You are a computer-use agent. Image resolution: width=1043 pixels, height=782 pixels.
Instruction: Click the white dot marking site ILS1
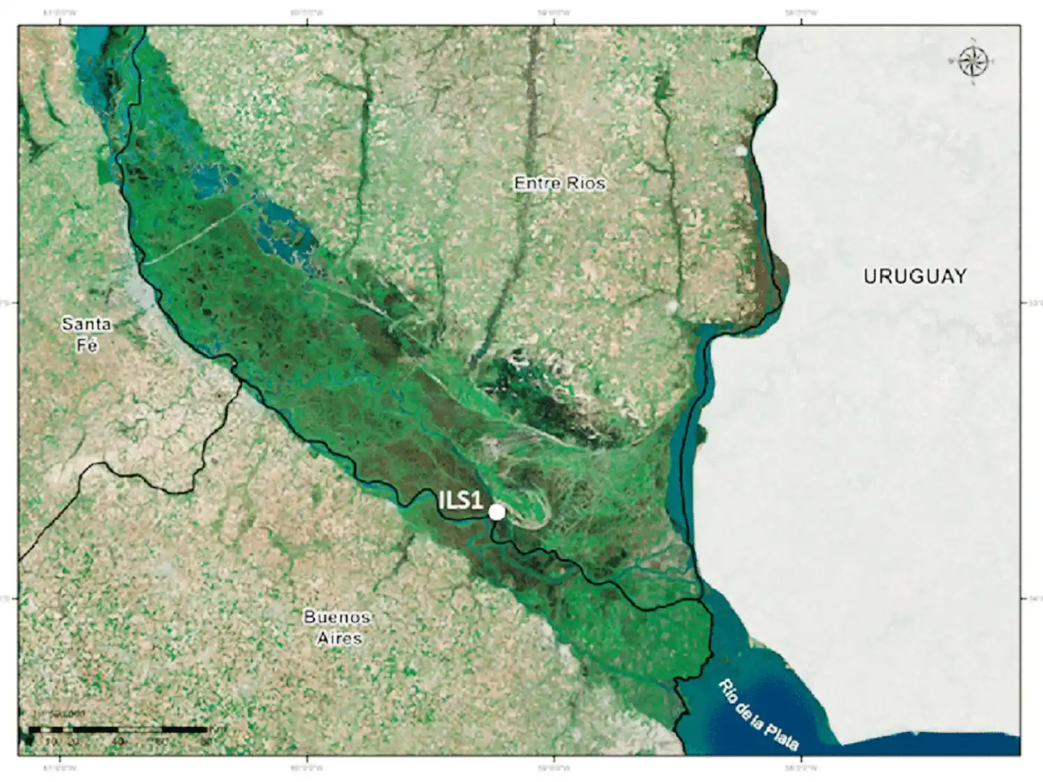(496, 512)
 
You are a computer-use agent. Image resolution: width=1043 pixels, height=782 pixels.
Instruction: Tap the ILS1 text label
(461, 500)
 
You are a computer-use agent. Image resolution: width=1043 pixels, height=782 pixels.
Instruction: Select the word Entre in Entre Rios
(536, 183)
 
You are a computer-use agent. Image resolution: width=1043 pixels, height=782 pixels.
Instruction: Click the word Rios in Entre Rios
(585, 183)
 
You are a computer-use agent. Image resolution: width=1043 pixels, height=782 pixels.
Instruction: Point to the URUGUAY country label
(914, 276)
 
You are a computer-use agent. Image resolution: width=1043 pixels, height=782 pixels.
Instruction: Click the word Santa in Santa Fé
(86, 323)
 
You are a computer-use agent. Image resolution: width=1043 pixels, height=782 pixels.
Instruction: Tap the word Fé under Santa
(87, 344)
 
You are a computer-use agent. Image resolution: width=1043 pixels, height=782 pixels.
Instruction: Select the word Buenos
(337, 617)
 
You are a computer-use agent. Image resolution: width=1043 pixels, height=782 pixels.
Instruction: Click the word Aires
(339, 637)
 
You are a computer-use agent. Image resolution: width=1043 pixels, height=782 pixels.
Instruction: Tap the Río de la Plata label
(758, 714)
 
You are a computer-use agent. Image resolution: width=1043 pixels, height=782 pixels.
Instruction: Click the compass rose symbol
(973, 61)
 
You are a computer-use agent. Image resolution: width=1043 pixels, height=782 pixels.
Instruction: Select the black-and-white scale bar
(118, 730)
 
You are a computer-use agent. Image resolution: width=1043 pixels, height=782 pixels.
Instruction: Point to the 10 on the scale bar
(51, 741)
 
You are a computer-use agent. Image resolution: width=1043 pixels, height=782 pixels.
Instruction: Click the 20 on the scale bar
(73, 741)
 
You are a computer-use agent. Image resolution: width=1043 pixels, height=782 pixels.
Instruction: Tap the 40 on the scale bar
(118, 741)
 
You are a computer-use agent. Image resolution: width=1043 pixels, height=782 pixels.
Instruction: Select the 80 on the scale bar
(206, 741)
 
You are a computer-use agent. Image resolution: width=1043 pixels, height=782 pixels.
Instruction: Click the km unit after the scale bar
(216, 729)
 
